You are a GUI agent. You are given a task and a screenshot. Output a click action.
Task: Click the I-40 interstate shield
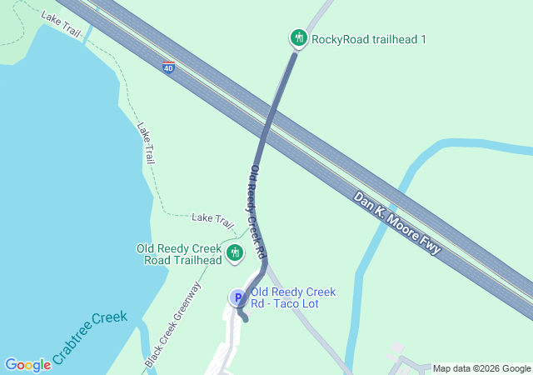coord(168,68)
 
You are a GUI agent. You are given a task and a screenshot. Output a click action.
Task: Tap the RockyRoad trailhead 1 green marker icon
coord(298,38)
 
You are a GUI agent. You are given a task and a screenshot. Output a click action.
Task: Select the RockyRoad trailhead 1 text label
coord(368,39)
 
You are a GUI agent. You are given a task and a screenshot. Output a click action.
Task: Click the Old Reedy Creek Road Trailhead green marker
coord(234,252)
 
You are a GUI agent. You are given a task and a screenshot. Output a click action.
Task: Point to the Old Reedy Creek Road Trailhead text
coord(179,254)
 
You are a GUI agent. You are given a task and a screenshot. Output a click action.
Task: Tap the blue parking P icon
coord(237,297)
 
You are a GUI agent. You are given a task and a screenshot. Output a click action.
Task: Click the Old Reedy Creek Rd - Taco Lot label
coord(292,297)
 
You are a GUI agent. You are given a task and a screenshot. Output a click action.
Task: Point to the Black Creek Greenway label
coord(173,326)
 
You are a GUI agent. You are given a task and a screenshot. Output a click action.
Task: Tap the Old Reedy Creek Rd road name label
coord(257,210)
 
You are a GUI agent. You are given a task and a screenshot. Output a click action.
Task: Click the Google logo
coord(27,365)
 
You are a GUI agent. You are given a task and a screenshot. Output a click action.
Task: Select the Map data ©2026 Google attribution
coord(481,368)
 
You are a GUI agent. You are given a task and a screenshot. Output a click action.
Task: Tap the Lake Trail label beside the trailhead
coord(212,218)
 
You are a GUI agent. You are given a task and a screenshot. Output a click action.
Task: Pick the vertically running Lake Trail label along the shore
coord(147,142)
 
